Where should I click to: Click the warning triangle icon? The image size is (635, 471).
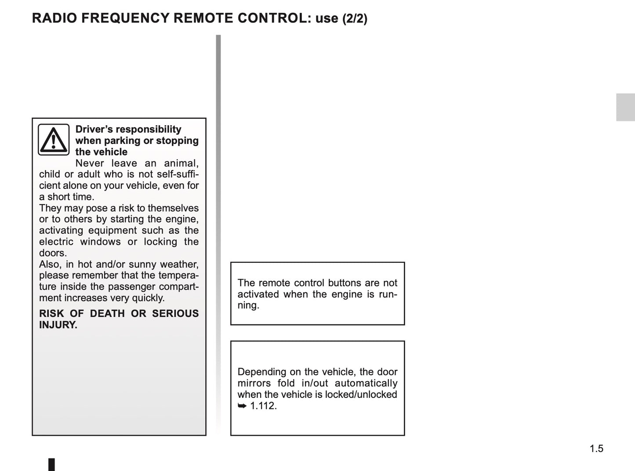pos(54,140)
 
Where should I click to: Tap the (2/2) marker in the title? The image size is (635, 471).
pos(355,18)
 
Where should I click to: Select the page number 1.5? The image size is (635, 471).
pos(596,449)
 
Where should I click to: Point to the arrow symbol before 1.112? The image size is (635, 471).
pos(242,406)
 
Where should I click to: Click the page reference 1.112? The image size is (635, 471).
pos(263,406)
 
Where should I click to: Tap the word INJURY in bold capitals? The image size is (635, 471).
pos(58,325)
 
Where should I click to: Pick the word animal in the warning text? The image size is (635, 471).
pos(181,163)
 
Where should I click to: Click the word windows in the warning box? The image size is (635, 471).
pos(100,242)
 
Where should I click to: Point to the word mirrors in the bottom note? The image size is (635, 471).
pos(254,383)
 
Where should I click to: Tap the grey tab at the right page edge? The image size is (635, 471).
pos(625,107)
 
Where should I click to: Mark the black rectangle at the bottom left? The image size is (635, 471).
pos(51,464)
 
